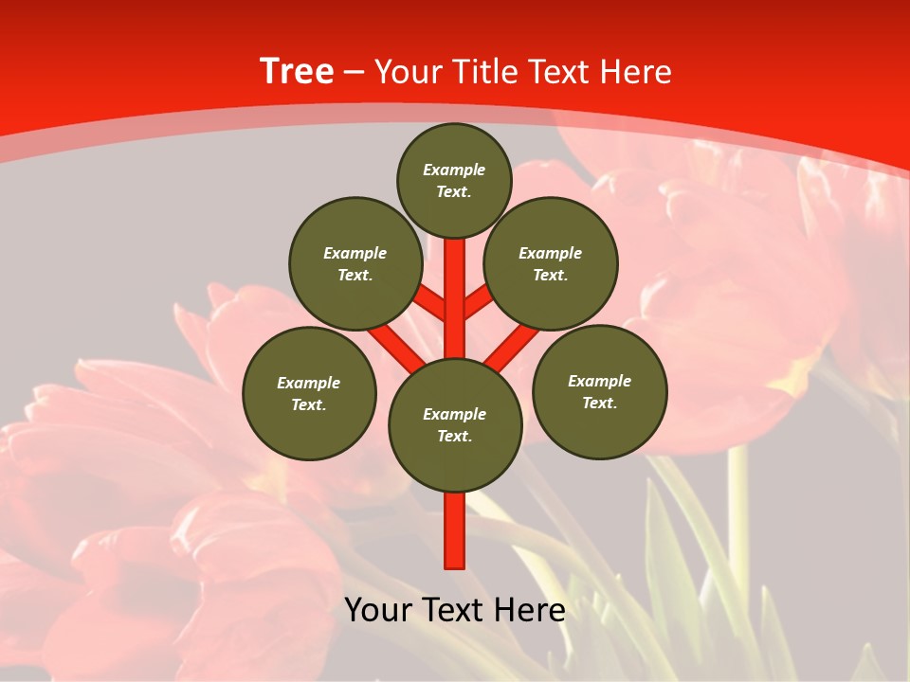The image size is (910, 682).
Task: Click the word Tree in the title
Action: click(x=297, y=72)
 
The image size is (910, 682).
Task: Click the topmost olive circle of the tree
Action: click(x=454, y=180)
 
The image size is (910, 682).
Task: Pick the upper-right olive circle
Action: click(x=551, y=263)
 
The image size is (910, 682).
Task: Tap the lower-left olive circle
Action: click(x=309, y=393)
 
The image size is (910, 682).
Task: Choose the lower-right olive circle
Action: click(x=600, y=391)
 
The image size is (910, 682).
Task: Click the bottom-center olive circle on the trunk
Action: click(x=455, y=425)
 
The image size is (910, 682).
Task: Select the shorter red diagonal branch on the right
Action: click(x=478, y=304)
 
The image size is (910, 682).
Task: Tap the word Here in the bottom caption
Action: click(x=533, y=610)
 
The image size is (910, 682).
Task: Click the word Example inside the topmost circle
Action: click(x=454, y=170)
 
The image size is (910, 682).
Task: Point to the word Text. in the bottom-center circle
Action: click(x=454, y=437)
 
